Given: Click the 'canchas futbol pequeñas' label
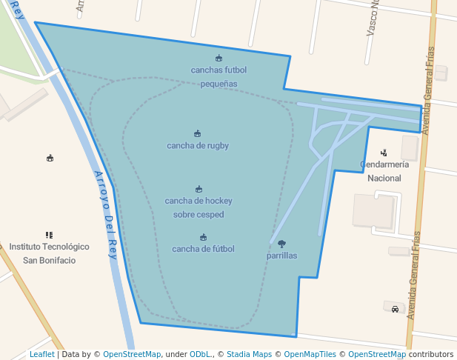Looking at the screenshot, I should (219, 77).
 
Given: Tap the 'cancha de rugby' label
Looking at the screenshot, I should (198, 146).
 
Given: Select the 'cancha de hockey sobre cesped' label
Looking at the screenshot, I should (199, 207).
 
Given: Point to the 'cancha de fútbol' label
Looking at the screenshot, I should (203, 249).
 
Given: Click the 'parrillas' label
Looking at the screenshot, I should (281, 256).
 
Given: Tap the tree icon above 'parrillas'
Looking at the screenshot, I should (281, 244).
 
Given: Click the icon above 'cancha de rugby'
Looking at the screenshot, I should (198, 134).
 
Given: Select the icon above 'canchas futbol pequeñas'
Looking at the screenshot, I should (219, 58).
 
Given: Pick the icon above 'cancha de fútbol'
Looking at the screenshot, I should (203, 237).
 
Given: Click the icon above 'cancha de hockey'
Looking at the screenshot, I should (199, 189).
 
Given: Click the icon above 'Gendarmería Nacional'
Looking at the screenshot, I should (384, 153).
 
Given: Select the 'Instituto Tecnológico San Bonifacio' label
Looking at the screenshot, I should (49, 253).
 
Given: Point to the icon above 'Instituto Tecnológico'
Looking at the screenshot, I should (49, 235).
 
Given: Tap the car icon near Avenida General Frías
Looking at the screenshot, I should (395, 309).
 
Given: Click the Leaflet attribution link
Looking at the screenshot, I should (41, 355).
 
